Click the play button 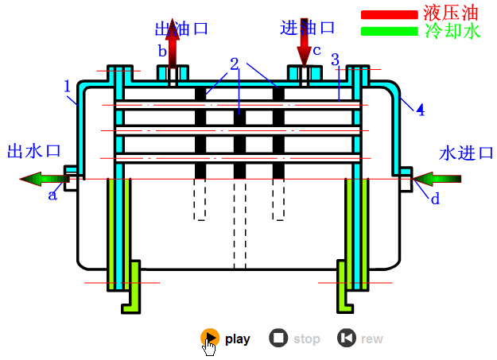click(x=208, y=339)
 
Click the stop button click(x=278, y=339)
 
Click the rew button click(x=346, y=339)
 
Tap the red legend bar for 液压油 click(x=389, y=14)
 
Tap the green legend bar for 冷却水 click(x=389, y=32)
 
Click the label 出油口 click(x=181, y=29)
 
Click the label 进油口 click(x=308, y=28)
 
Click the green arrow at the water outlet click(x=44, y=178)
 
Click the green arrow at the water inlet click(x=434, y=178)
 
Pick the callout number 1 click(x=68, y=85)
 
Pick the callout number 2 click(x=235, y=64)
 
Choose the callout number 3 click(x=335, y=60)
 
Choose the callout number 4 click(x=420, y=110)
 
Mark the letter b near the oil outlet click(x=161, y=52)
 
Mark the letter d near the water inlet click(x=435, y=199)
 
